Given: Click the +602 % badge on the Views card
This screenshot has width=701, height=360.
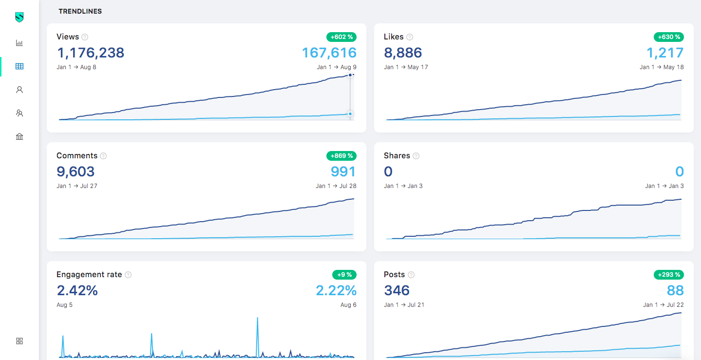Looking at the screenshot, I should [341, 37].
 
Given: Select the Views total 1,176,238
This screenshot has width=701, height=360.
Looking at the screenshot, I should [91, 53].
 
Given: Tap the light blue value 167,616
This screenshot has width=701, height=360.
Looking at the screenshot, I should [329, 53].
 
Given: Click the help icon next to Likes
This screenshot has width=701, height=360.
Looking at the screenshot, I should [410, 37].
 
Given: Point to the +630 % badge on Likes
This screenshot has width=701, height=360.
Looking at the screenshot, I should [668, 37].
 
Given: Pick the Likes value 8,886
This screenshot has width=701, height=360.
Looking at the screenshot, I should [403, 53].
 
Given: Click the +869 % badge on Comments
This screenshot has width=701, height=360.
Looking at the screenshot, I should [341, 156].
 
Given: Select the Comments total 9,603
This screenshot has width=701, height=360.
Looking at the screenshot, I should [76, 171].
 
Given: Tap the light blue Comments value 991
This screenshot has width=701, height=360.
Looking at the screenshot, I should [343, 171].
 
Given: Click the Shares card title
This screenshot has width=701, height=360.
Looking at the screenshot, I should [397, 156].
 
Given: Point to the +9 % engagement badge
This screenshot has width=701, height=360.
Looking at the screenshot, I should [344, 275].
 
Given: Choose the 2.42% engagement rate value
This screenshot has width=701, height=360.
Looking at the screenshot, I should [77, 290].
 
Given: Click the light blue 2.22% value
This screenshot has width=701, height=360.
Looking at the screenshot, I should [336, 290].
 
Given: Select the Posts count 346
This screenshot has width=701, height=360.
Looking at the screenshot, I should [397, 290].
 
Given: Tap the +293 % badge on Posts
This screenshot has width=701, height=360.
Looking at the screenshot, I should [668, 275].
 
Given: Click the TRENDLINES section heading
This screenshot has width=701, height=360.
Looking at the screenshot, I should [80, 11].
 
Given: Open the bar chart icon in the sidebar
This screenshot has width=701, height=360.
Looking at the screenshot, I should [19, 43].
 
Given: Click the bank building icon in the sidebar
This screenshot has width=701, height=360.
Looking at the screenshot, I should [19, 136].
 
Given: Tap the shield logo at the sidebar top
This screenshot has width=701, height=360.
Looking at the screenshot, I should [19, 18].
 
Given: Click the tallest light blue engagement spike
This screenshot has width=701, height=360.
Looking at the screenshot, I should [257, 320].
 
